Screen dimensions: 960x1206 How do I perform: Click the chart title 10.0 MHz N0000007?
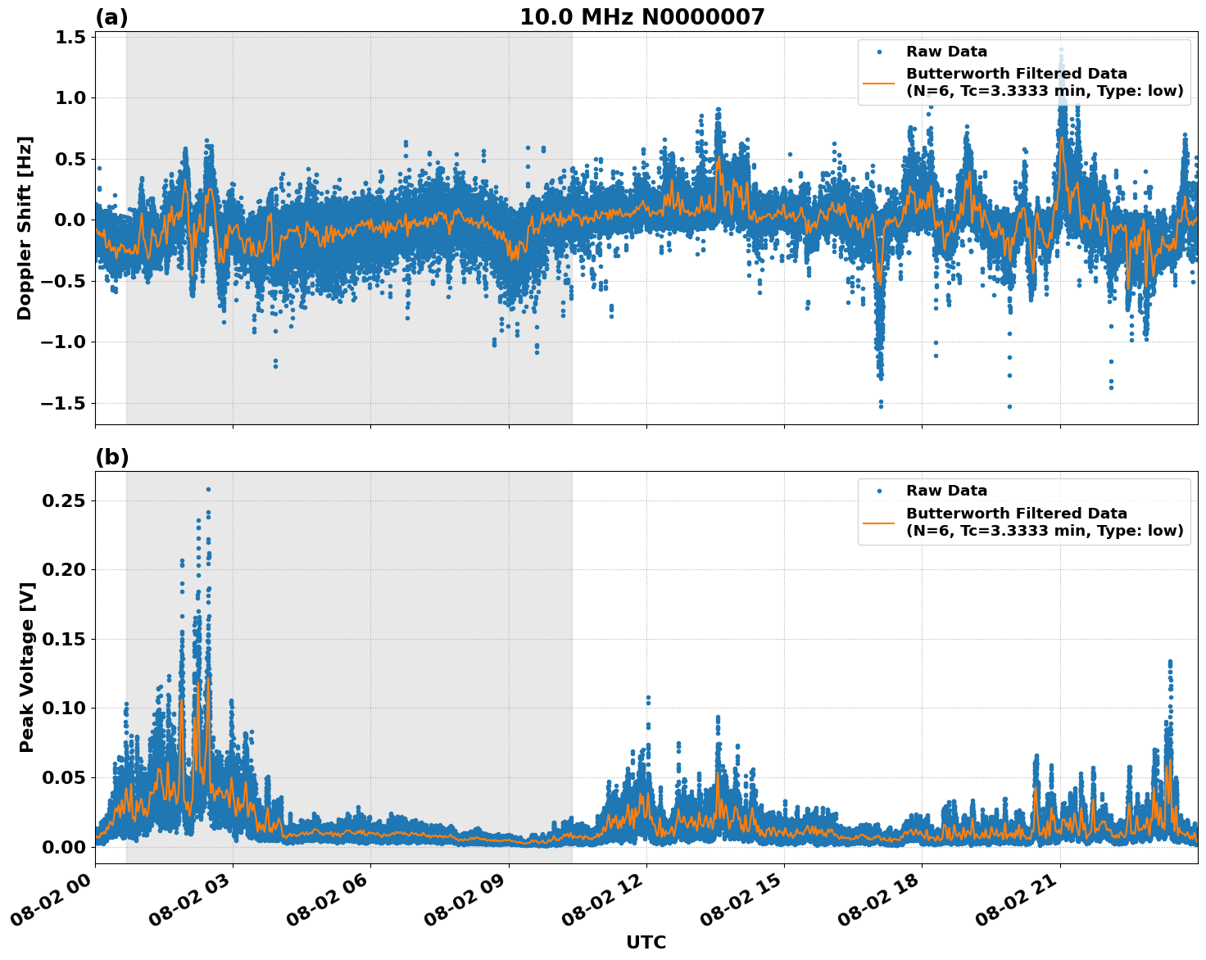click(642, 17)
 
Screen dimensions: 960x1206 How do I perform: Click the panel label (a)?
click(111, 17)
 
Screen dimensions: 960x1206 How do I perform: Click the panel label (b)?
click(111, 457)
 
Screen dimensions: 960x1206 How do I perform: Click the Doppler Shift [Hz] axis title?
click(25, 228)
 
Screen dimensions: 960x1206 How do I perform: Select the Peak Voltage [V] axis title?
click(27, 668)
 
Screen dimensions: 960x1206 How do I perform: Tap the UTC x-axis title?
click(646, 942)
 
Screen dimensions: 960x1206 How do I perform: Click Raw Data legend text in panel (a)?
click(946, 52)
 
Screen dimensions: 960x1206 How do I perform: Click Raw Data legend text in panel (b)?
click(946, 491)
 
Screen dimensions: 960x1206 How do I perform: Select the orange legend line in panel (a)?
click(878, 83)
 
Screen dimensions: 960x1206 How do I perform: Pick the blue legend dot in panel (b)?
click(878, 491)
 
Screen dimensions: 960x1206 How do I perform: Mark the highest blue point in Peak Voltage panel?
click(208, 489)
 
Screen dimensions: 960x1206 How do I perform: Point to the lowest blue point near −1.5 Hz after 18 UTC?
click(1009, 406)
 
